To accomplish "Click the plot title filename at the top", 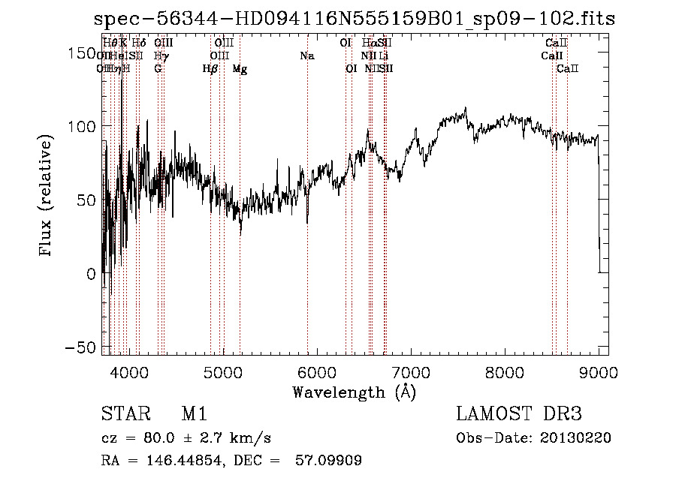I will point(355,19).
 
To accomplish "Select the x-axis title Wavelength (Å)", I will point(354,392).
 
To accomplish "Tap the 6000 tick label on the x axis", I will point(317,371).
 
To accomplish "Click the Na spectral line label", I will point(306,56).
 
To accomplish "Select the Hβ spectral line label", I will point(210,68).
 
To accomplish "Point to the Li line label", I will point(384,56).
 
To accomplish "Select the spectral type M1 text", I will point(194,414).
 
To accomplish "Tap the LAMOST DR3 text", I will point(519,414).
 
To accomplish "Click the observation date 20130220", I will point(575,438).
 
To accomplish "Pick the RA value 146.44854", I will point(181,461).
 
